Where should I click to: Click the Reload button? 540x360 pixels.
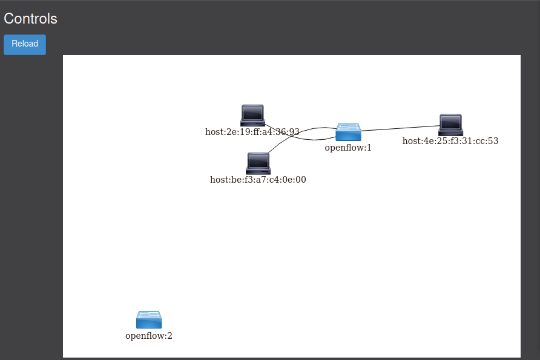[x=25, y=44]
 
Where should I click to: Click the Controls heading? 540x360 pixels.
[x=30, y=19]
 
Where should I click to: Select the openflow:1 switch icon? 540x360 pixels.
[x=348, y=132]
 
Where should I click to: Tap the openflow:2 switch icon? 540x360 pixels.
[x=149, y=319]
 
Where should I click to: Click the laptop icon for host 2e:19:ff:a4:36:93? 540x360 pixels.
[x=252, y=116]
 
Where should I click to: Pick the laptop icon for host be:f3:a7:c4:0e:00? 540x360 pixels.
[x=258, y=163]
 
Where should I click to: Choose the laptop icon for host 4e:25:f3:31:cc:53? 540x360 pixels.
[x=450, y=125]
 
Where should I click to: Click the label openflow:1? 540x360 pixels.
[x=348, y=148]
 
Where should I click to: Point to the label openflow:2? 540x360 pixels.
[x=149, y=336]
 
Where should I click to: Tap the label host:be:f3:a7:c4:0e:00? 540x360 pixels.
[x=258, y=180]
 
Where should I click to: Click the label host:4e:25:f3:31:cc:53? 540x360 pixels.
[x=450, y=141]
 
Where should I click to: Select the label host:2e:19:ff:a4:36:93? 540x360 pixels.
[x=252, y=132]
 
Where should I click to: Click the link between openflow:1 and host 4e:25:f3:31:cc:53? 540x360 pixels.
[x=400, y=128]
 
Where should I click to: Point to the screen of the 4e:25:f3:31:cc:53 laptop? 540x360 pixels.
[x=450, y=122]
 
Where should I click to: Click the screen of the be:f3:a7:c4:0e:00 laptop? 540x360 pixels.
[x=258, y=161]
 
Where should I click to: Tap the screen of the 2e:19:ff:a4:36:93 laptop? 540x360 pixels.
[x=252, y=113]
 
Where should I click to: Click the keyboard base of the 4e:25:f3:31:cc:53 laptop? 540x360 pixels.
[x=450, y=133]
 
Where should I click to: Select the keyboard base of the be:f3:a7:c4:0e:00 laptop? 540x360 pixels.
[x=258, y=171]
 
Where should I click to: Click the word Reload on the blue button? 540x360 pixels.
[x=25, y=44]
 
